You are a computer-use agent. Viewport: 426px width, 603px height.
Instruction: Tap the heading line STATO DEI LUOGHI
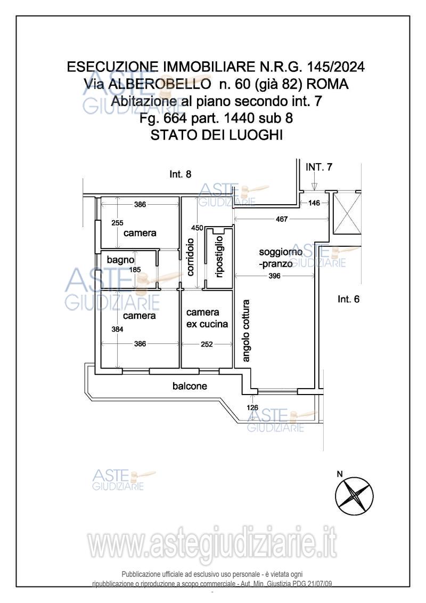(x=216, y=135)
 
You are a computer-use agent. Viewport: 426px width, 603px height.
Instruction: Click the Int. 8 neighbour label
(x=180, y=174)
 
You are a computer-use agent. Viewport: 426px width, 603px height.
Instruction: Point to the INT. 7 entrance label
(x=319, y=167)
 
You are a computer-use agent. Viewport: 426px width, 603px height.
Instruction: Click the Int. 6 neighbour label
(x=348, y=299)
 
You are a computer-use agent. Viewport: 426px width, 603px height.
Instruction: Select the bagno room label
(x=121, y=260)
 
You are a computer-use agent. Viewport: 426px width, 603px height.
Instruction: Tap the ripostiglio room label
(x=219, y=256)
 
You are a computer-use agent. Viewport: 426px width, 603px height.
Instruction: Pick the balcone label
(x=190, y=385)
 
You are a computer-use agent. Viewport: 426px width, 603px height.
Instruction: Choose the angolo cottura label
(x=246, y=331)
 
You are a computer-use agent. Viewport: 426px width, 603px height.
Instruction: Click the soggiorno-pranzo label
(x=281, y=258)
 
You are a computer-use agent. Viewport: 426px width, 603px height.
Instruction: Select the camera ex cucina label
(x=207, y=318)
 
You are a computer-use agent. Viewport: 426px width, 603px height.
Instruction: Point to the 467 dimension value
(x=282, y=219)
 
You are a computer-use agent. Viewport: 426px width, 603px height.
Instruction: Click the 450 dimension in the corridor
(x=197, y=228)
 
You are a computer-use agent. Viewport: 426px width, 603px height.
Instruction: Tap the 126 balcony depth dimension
(x=252, y=408)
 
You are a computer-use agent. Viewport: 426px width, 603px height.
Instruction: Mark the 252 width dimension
(x=207, y=344)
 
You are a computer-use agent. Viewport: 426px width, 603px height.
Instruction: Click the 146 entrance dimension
(x=314, y=203)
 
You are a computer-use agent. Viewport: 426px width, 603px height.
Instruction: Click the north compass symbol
(x=354, y=494)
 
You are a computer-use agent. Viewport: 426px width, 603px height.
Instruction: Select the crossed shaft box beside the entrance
(x=347, y=213)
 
